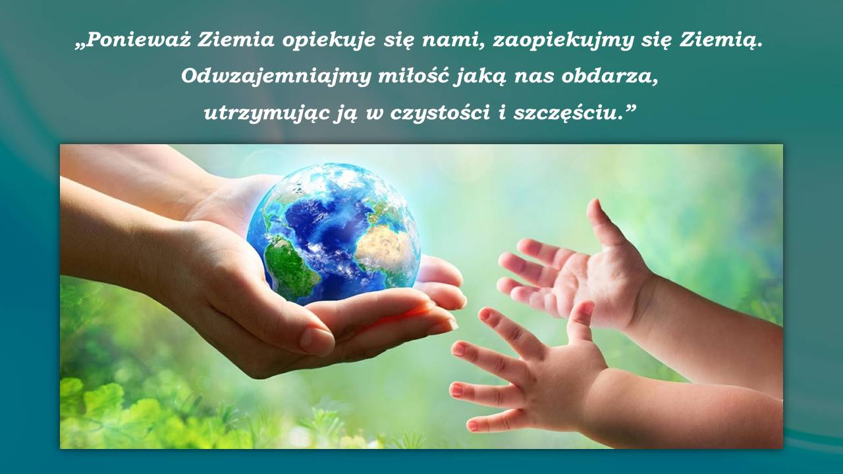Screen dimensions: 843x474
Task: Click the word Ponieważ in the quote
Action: (x=138, y=39)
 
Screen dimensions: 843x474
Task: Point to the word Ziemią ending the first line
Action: (x=721, y=41)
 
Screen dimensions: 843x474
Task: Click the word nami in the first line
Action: (x=454, y=41)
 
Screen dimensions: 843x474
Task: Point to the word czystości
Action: (x=441, y=113)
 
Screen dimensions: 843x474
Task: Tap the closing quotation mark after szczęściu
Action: (x=630, y=109)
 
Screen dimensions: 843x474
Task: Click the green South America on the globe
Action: (x=289, y=265)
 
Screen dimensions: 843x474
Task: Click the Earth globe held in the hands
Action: (x=333, y=234)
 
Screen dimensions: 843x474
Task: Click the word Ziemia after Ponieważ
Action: (x=236, y=39)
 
